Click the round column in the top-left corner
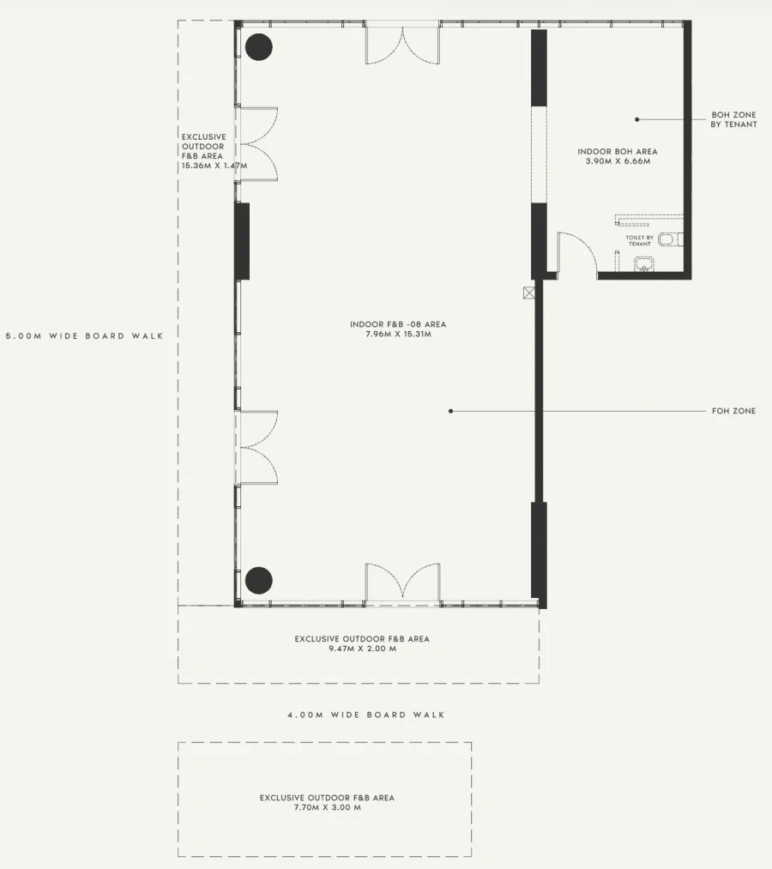pyautogui.click(x=259, y=47)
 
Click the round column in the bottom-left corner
pyautogui.click(x=259, y=580)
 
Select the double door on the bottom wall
pyautogui.click(x=403, y=584)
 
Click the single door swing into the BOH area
pyautogui.click(x=577, y=254)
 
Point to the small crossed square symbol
pyautogui.click(x=529, y=293)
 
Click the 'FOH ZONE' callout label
pyautogui.click(x=733, y=411)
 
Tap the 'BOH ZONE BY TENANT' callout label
pyautogui.click(x=733, y=120)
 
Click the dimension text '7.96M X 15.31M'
pyautogui.click(x=398, y=335)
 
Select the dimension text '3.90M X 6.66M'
pyautogui.click(x=618, y=161)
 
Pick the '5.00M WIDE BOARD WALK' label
pyautogui.click(x=85, y=336)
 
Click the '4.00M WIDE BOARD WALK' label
pyautogui.click(x=365, y=715)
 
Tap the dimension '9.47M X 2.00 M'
pyautogui.click(x=363, y=649)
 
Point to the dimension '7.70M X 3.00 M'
pyautogui.click(x=327, y=807)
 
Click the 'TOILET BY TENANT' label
pyautogui.click(x=640, y=240)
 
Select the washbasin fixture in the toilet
pyautogui.click(x=644, y=264)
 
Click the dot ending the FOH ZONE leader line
pyautogui.click(x=450, y=411)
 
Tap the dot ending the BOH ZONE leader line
pyautogui.click(x=636, y=119)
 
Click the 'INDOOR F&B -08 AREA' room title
pyautogui.click(x=398, y=324)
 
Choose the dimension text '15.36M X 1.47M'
pyautogui.click(x=214, y=166)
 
